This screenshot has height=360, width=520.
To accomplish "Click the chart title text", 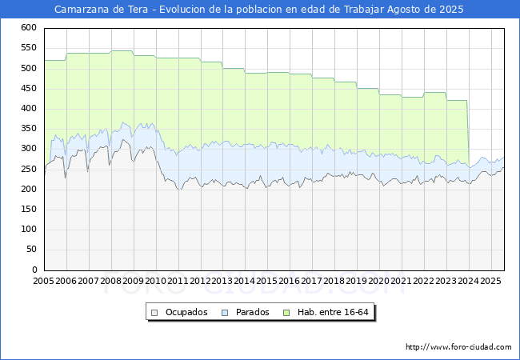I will [258, 10].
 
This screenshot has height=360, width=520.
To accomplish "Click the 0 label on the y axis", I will [34, 270].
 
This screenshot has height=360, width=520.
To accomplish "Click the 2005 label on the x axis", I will [44, 282].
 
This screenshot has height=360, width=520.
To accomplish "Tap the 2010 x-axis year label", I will [156, 282].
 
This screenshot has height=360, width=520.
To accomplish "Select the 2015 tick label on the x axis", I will [267, 282].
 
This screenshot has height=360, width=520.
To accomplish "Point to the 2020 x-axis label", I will [379, 282].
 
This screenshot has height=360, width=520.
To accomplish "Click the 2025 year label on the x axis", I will [490, 282].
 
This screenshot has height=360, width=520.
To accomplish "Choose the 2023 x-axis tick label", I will [446, 282].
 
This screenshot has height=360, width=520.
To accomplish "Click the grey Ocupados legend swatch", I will [155, 312].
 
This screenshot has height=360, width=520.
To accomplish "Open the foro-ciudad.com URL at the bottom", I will [458, 347].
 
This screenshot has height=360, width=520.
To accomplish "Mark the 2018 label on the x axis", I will [334, 282].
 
